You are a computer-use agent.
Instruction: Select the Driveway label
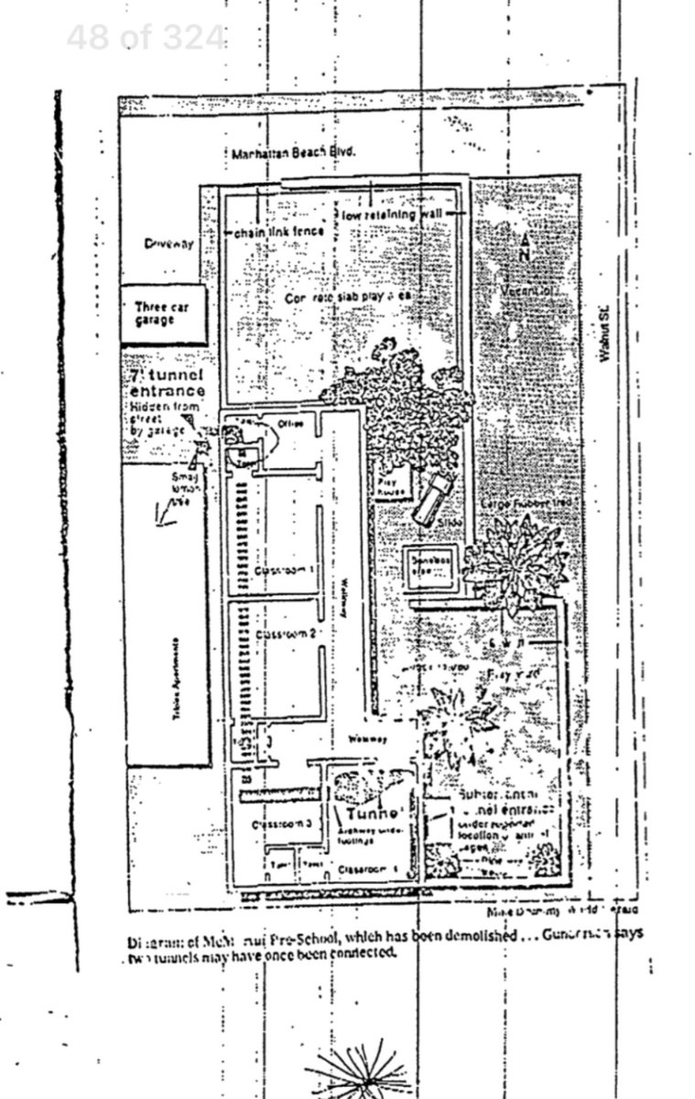click(168, 244)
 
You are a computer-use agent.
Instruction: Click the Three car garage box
click(162, 313)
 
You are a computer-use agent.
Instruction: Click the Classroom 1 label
click(284, 570)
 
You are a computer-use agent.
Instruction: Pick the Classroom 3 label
click(282, 823)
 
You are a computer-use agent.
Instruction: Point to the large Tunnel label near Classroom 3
click(372, 813)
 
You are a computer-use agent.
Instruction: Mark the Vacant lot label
click(527, 290)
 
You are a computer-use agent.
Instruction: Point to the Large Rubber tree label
click(513, 505)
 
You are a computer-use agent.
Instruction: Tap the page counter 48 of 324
click(146, 38)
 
